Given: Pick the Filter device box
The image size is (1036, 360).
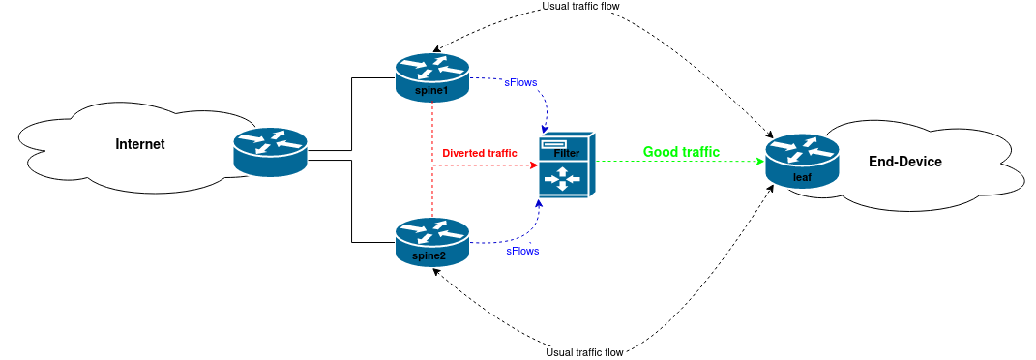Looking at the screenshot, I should tap(567, 165).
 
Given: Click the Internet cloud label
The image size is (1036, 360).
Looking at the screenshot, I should tap(140, 144).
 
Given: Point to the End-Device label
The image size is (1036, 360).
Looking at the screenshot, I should tap(904, 162).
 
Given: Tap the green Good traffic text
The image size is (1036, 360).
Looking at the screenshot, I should tap(681, 152).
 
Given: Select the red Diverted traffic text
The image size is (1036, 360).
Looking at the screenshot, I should tap(480, 153).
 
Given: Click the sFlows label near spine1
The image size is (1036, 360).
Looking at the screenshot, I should tap(521, 83).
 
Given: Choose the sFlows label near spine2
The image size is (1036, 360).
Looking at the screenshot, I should tap(522, 251).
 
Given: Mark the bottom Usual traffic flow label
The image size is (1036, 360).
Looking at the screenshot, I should tap(585, 352).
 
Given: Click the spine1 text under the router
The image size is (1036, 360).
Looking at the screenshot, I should tap(431, 91).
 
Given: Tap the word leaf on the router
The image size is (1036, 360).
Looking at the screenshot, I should tap(802, 177).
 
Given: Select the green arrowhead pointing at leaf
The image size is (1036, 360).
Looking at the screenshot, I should tap(760, 162).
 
